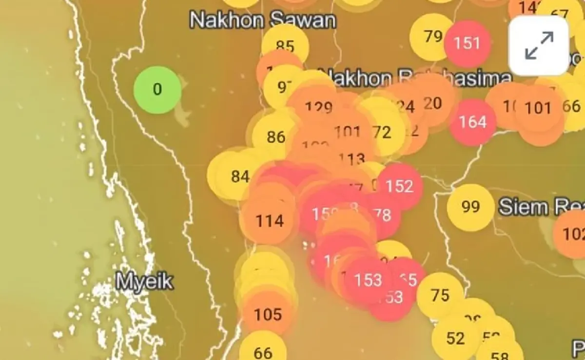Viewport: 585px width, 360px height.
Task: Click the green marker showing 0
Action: [157, 90]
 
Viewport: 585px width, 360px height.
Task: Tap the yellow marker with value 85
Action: [285, 46]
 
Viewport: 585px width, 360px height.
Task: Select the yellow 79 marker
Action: [433, 37]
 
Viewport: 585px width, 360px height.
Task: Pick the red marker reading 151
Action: [467, 43]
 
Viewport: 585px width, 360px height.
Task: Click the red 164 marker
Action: [472, 122]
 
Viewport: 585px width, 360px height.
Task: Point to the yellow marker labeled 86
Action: [276, 137]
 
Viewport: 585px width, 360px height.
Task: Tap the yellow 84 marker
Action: [240, 176]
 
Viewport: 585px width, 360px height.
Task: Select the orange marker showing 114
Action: [269, 220]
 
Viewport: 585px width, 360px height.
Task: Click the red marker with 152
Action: [399, 186]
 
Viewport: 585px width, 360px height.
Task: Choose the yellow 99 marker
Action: [470, 207]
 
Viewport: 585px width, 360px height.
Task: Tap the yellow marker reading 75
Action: [440, 296]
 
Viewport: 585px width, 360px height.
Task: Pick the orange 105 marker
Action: [268, 315]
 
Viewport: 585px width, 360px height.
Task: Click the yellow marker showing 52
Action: [455, 338]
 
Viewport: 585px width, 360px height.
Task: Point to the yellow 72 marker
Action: [382, 132]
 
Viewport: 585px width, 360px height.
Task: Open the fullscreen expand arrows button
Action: [539, 46]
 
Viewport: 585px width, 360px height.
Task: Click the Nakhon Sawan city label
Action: [262, 20]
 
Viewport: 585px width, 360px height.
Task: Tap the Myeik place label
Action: [145, 281]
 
